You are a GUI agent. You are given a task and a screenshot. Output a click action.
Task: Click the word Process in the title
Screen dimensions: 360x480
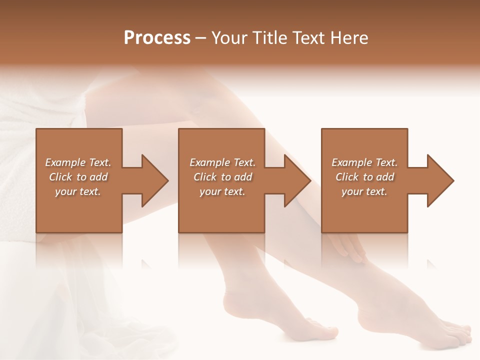pyautogui.click(x=157, y=37)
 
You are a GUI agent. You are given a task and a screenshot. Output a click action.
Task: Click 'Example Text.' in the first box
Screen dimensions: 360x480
pyautogui.click(x=78, y=162)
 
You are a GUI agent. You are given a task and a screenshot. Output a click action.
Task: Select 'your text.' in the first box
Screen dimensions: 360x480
pyautogui.click(x=78, y=191)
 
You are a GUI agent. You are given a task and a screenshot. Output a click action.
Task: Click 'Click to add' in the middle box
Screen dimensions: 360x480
pyautogui.click(x=222, y=177)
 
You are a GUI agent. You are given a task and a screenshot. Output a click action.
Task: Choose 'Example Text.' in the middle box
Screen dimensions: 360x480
pyautogui.click(x=222, y=162)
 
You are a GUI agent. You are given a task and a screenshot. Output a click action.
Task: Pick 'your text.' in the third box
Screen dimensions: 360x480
pyautogui.click(x=364, y=191)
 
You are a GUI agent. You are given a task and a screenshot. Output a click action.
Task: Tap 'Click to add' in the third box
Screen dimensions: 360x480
pyautogui.click(x=364, y=177)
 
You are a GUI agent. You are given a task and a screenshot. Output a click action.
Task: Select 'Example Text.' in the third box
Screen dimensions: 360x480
pyautogui.click(x=364, y=162)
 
